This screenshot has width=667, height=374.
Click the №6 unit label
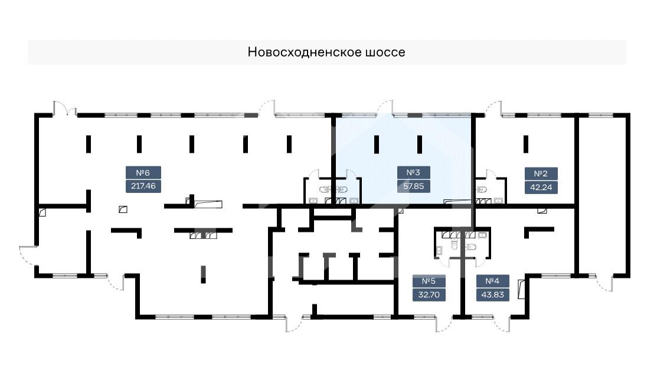click(x=143, y=173)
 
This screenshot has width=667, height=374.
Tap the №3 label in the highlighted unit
click(x=413, y=173)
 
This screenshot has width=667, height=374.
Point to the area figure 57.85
click(x=413, y=186)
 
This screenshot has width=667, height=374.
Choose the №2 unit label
click(x=541, y=173)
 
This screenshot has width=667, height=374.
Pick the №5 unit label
click(x=429, y=281)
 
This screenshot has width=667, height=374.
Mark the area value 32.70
click(x=429, y=294)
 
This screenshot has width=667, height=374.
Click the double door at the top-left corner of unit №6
click(x=66, y=109)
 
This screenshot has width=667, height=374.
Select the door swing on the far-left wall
click(x=27, y=255)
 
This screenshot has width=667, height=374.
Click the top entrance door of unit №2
click(x=493, y=109)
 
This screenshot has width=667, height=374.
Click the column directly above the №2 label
click(x=525, y=143)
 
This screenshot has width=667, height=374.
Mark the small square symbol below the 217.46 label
click(x=123, y=208)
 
